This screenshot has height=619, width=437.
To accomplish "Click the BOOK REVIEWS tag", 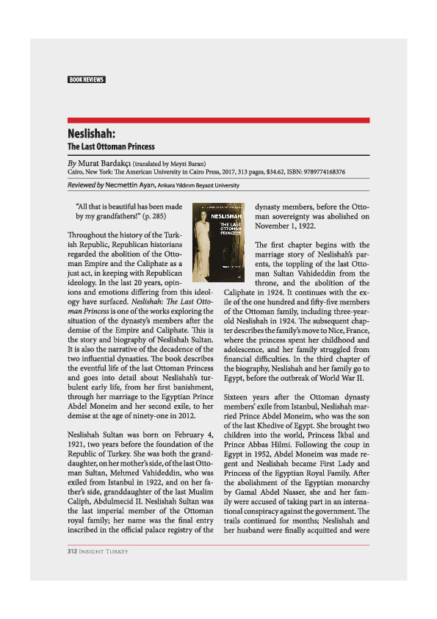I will coord(87,79).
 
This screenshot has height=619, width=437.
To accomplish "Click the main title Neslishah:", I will coord(92,135).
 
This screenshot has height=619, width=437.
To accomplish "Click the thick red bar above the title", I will coord(218,120).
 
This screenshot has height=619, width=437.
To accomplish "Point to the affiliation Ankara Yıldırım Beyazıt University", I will coord(198,186).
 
